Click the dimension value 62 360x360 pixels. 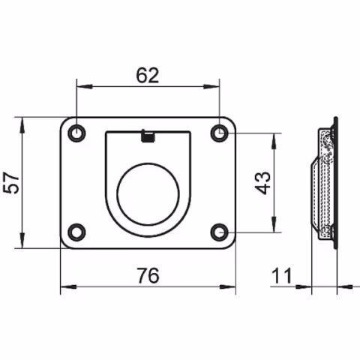pos(147,76)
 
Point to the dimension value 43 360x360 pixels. pos(263,182)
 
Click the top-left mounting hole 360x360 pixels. pos(76,133)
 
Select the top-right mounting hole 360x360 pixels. pos(218,133)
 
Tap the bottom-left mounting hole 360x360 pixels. pos(76,231)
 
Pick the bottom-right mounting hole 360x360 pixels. pos(218,231)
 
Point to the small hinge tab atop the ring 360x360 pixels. pos(148,136)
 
